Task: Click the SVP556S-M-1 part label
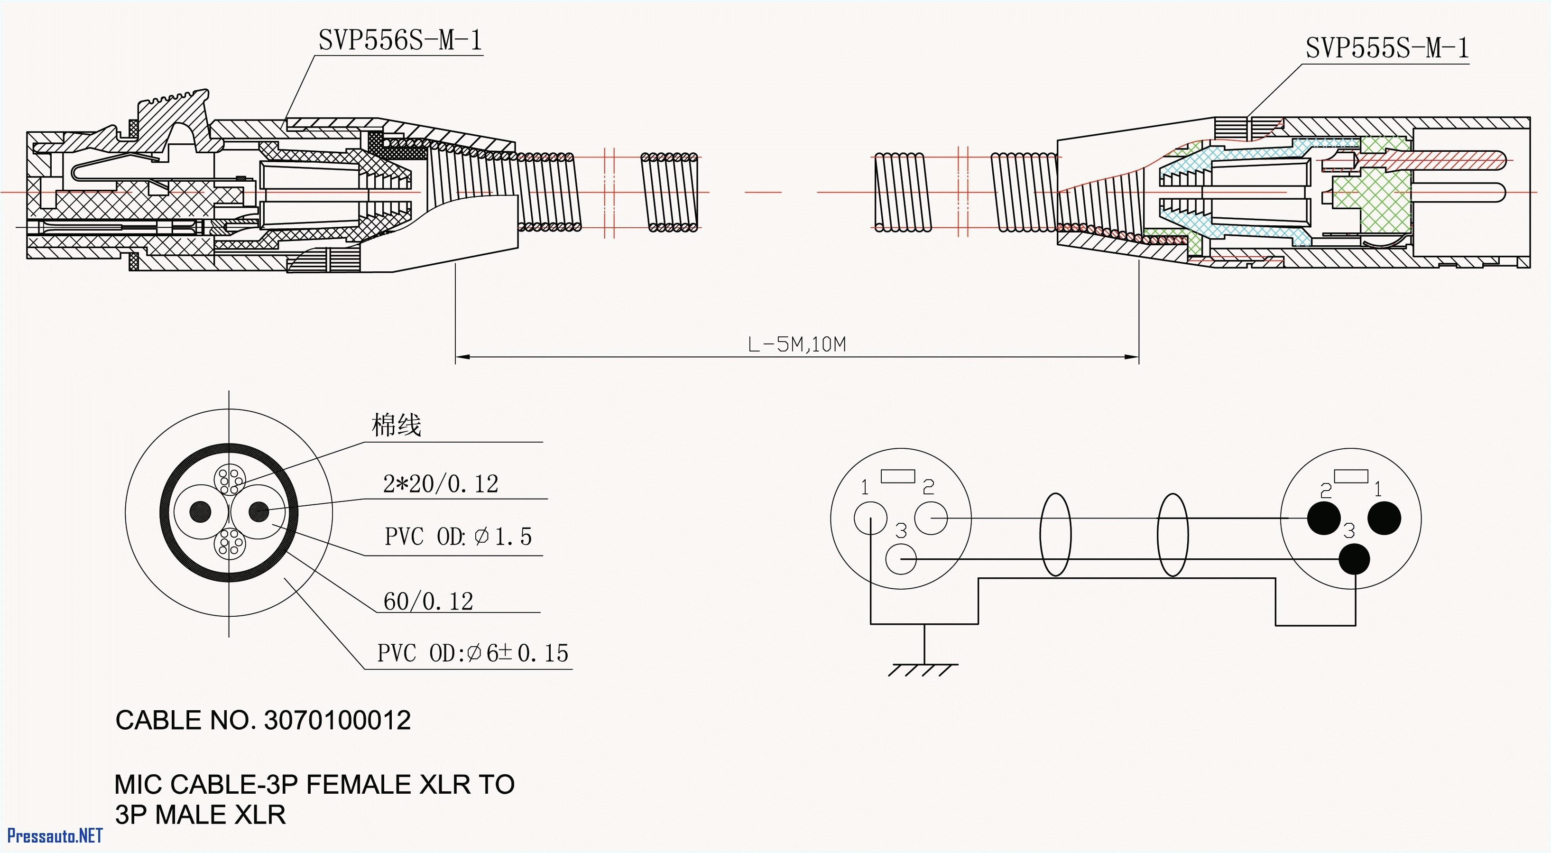pos(400,41)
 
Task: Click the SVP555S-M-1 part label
pos(1386,48)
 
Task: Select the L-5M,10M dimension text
pos(796,344)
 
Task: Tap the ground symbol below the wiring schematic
pos(923,668)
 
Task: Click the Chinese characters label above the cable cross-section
pos(396,425)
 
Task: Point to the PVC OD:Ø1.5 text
pos(458,537)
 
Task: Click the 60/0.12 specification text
pos(428,601)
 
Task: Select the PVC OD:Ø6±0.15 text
pos(472,653)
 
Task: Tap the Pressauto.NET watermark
pos(54,835)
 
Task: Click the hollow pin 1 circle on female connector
pos(870,518)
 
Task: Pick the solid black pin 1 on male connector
pos(1384,518)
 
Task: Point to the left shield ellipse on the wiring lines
pos(1055,535)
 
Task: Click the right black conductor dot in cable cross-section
pos(259,512)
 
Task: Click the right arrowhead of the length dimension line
pos(1132,357)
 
